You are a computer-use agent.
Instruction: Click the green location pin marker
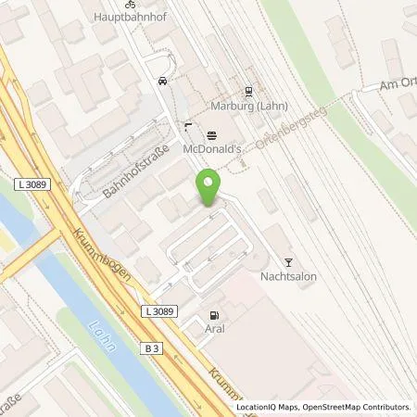coord(209,188)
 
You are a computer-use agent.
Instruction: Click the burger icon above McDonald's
coord(211,133)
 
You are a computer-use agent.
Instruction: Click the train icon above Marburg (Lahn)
coord(248,91)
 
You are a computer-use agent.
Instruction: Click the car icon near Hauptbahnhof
coord(163,81)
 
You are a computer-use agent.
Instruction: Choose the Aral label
coord(216,328)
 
